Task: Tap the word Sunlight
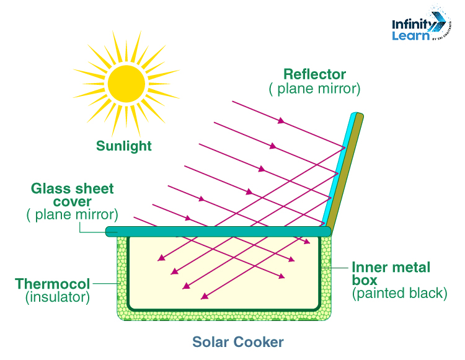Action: (124, 146)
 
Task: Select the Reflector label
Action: (314, 75)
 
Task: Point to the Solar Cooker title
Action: (238, 342)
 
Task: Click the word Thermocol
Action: (53, 284)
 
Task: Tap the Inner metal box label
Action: (391, 274)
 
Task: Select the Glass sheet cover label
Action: (74, 195)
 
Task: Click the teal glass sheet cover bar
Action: (217, 231)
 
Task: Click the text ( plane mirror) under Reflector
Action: (314, 89)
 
